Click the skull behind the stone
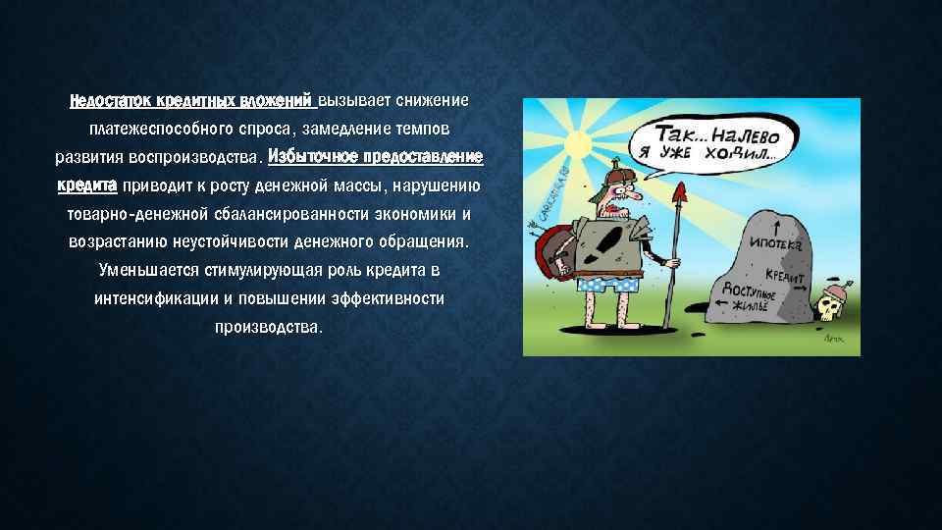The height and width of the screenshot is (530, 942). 829,308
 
